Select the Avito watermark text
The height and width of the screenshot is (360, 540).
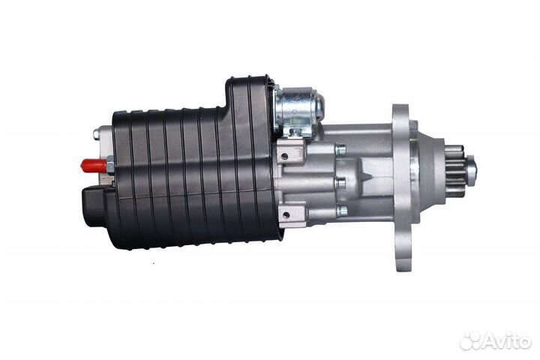pyautogui.click(x=508, y=341)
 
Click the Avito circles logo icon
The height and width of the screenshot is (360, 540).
pyautogui.click(x=472, y=340)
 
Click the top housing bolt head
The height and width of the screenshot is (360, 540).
pyautogui.click(x=341, y=150)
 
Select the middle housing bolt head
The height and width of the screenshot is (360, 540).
pyautogui.click(x=341, y=182)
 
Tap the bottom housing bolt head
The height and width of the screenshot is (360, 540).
pyautogui.click(x=341, y=211)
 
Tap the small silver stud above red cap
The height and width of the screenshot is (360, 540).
pyautogui.click(x=97, y=135)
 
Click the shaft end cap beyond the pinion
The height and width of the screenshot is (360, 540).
pyautogui.click(x=471, y=169)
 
